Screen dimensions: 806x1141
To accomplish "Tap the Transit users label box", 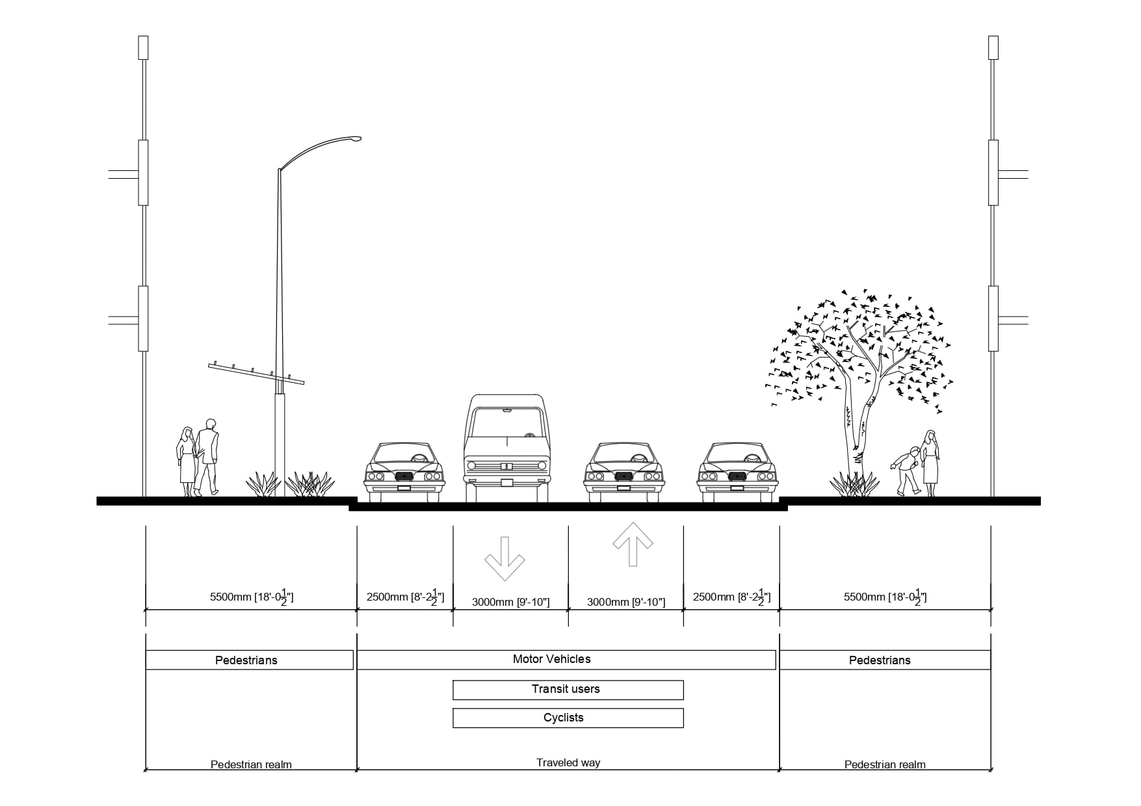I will [568, 690].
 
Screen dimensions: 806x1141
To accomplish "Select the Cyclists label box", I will [568, 718].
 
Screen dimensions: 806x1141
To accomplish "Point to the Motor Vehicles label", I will [552, 659].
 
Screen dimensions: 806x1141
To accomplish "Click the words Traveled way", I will [568, 762].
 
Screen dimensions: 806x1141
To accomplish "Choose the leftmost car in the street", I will [404, 472].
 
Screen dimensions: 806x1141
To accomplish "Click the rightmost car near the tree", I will [736, 472].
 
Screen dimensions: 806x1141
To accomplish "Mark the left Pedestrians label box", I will [249, 660].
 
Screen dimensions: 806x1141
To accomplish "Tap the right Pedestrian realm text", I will [884, 764].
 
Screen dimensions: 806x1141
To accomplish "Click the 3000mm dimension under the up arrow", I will [625, 602].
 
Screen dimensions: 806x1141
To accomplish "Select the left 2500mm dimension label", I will [405, 597].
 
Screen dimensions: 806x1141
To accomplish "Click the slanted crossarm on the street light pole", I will [257, 374].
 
